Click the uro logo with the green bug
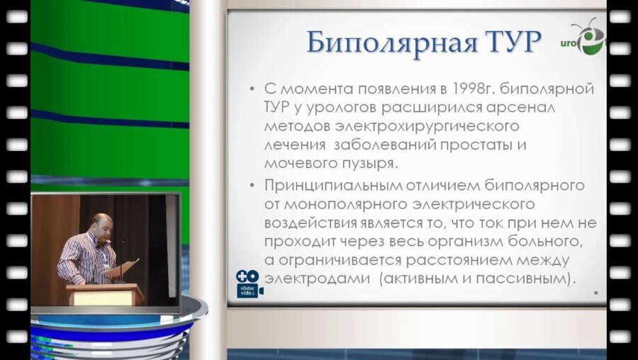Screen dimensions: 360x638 pos(588,39)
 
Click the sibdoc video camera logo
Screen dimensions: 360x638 pos(249,283)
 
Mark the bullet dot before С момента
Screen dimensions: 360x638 pos(252,91)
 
